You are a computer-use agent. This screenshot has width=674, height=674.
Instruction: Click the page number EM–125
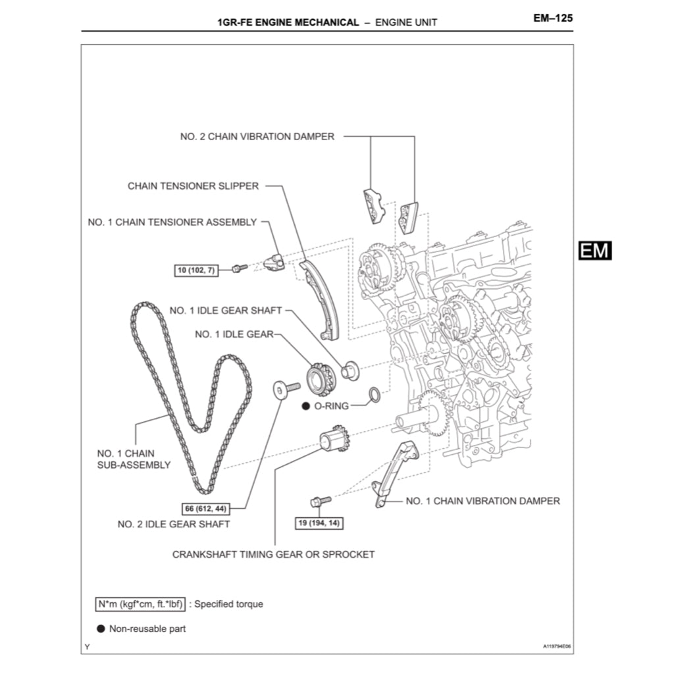click(x=552, y=18)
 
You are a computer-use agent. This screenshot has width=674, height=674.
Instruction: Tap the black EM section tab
click(x=595, y=250)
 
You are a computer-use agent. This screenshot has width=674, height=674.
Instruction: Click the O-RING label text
click(x=331, y=406)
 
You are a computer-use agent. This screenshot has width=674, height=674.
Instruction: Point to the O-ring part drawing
click(x=373, y=394)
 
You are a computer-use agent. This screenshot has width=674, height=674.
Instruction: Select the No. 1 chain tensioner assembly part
click(x=273, y=263)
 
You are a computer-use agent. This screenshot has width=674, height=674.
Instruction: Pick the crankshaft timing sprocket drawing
click(x=333, y=440)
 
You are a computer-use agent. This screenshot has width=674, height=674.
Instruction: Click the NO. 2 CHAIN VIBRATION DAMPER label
click(x=257, y=137)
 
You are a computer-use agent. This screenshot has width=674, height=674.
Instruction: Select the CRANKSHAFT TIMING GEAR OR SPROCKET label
click(x=273, y=554)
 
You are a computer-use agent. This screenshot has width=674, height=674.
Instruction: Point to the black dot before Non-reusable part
click(x=101, y=629)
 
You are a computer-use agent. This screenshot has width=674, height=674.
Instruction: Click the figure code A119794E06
click(x=557, y=646)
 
